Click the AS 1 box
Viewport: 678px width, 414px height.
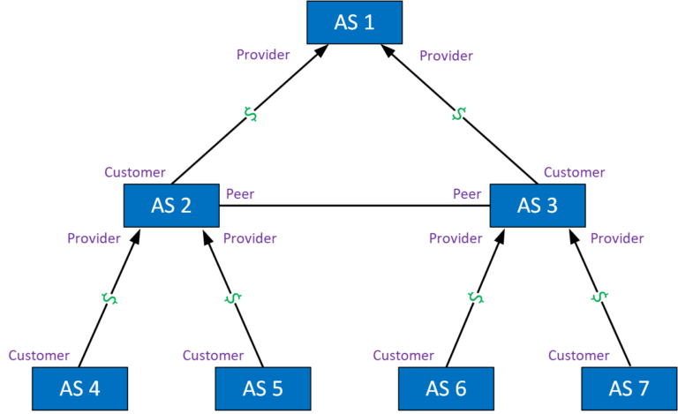353,22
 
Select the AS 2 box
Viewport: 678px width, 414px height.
171,206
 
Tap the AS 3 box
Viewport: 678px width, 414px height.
537,206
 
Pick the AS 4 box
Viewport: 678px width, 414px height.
79,388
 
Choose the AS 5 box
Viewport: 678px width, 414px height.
263,388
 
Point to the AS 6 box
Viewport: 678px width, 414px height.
446,388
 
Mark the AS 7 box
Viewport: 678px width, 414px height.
629,388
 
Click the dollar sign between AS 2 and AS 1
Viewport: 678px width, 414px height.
251,115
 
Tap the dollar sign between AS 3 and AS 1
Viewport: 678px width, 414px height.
458,115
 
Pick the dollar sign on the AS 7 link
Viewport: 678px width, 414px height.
600,297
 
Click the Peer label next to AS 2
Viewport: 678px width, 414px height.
239,193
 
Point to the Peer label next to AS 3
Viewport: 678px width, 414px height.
467,193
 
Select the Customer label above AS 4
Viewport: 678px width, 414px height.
39,356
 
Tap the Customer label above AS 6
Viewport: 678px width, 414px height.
403,356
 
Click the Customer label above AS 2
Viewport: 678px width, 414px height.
135,172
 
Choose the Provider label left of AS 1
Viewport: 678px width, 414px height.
263,55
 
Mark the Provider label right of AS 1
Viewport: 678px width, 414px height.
446,56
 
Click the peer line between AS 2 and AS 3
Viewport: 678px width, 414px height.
353,207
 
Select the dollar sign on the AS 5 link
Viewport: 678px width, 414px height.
233,298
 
